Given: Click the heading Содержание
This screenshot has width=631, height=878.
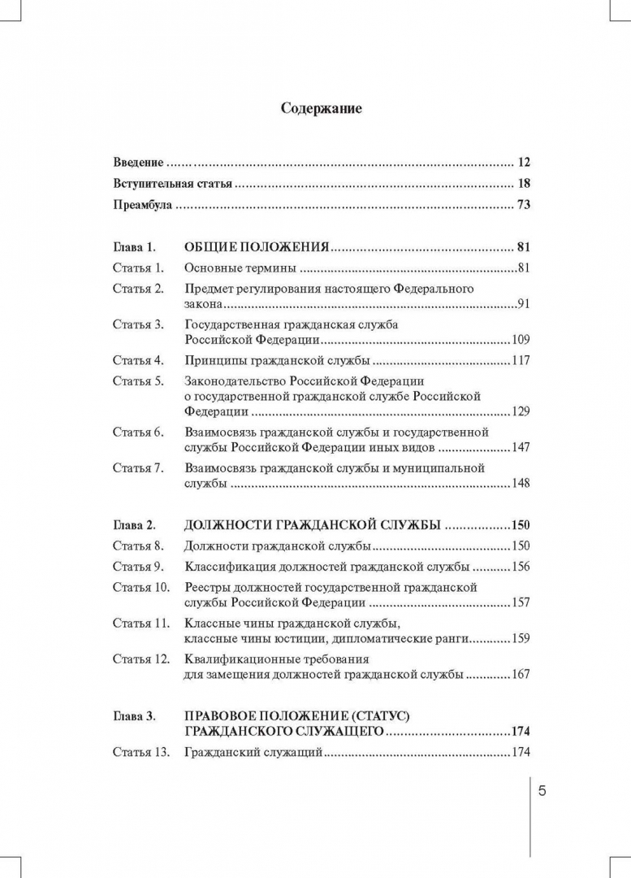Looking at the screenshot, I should (321, 107).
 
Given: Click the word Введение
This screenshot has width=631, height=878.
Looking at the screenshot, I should (138, 162).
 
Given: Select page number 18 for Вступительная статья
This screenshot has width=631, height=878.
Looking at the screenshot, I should (523, 184).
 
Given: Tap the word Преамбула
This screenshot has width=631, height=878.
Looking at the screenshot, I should (142, 206).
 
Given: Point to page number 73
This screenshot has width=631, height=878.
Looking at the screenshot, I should (523, 206).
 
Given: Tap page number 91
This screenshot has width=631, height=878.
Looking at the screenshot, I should (523, 304).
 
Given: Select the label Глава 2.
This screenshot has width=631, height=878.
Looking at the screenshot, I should (133, 525).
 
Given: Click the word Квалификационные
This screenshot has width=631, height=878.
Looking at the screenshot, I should (236, 658).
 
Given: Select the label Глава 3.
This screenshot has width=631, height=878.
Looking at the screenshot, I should (133, 716).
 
